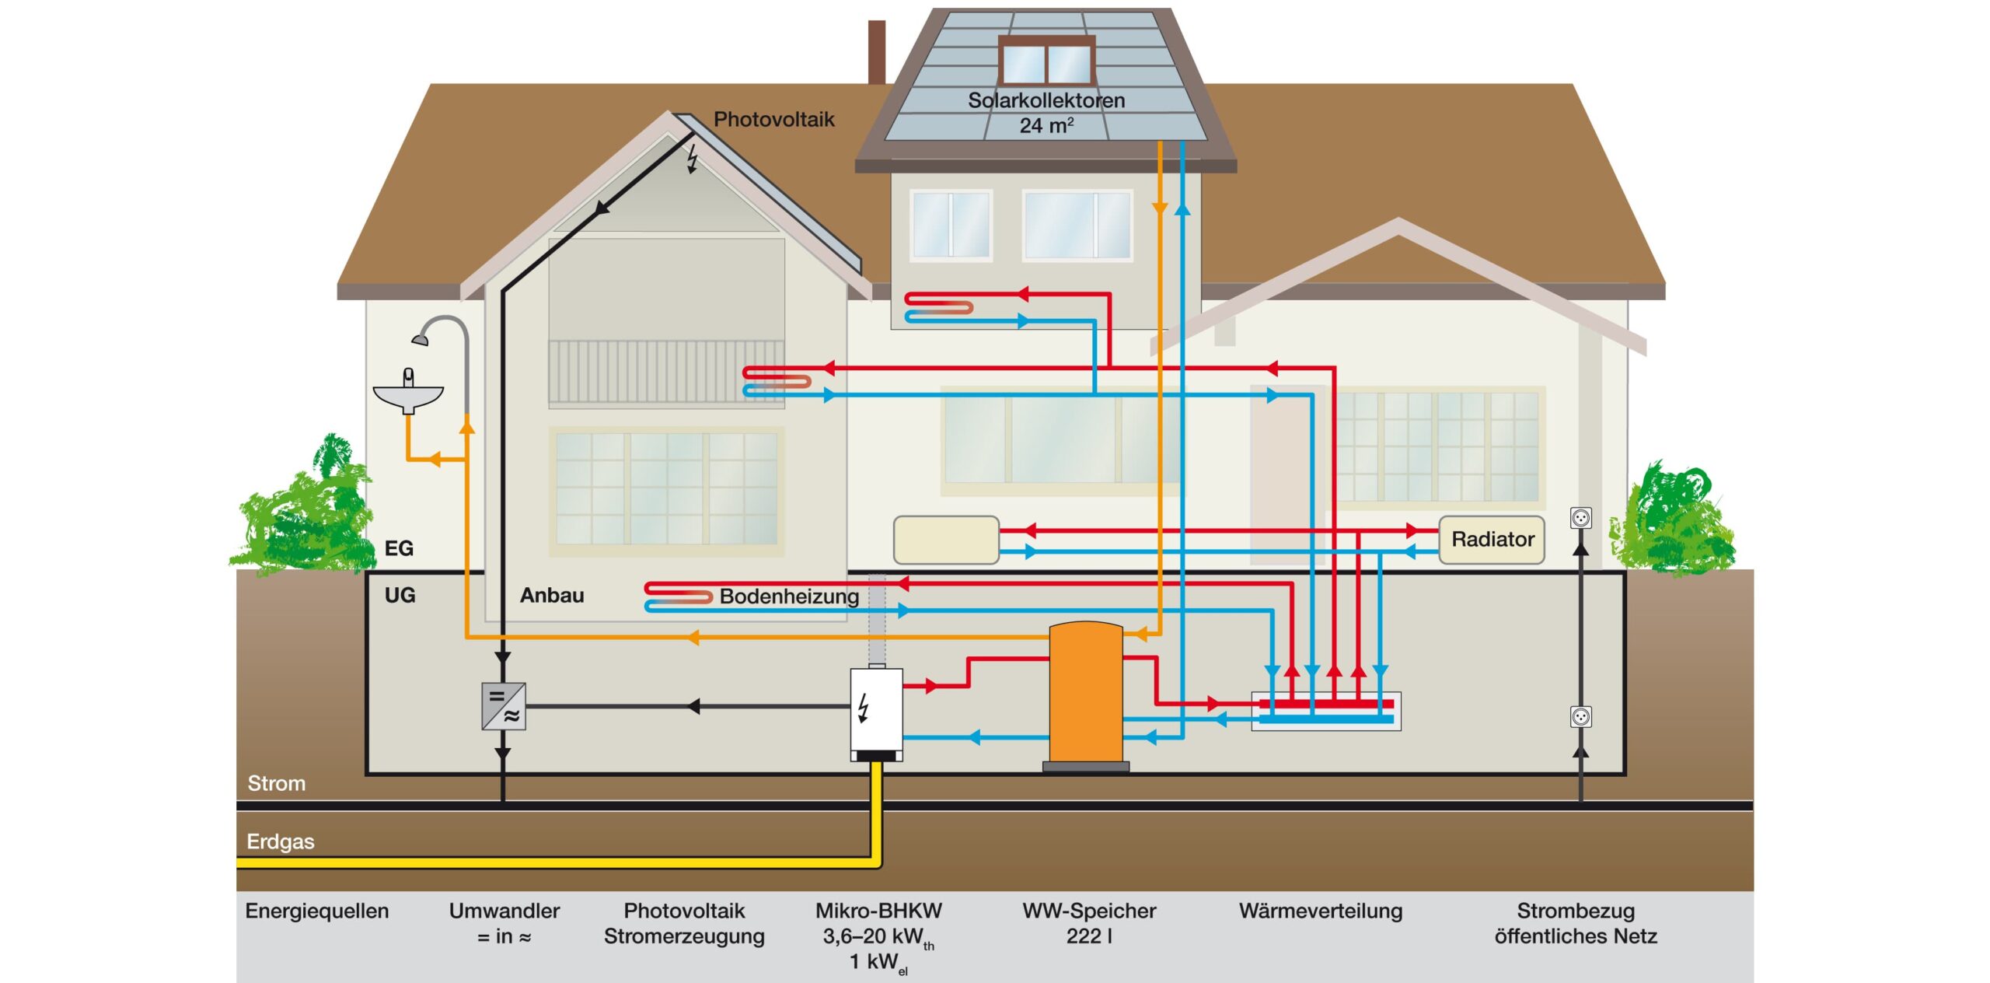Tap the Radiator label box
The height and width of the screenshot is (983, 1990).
pyautogui.click(x=1491, y=540)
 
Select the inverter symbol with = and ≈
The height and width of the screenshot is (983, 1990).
pyautogui.click(x=504, y=706)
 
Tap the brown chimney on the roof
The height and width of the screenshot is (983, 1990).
pyautogui.click(x=876, y=51)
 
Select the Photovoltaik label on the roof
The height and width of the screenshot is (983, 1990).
pyautogui.click(x=773, y=119)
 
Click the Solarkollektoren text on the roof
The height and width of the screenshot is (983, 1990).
pyautogui.click(x=1046, y=100)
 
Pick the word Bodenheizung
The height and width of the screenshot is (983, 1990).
pyautogui.click(x=789, y=596)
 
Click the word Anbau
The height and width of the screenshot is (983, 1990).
pyautogui.click(x=552, y=596)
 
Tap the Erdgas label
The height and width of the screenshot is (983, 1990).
pyautogui.click(x=281, y=841)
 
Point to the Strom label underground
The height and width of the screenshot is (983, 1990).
pyautogui.click(x=277, y=783)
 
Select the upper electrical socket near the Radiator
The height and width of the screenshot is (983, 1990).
pyautogui.click(x=1580, y=518)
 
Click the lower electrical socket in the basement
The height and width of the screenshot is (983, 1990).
pyautogui.click(x=1580, y=716)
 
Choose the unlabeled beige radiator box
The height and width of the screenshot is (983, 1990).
pyautogui.click(x=946, y=540)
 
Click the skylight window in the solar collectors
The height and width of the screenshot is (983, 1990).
pyautogui.click(x=1046, y=62)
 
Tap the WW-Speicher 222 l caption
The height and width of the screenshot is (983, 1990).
pyautogui.click(x=1089, y=923)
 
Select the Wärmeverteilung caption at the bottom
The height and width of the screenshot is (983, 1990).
pyautogui.click(x=1321, y=911)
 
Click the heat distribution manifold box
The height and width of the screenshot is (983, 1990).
pyautogui.click(x=1326, y=711)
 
